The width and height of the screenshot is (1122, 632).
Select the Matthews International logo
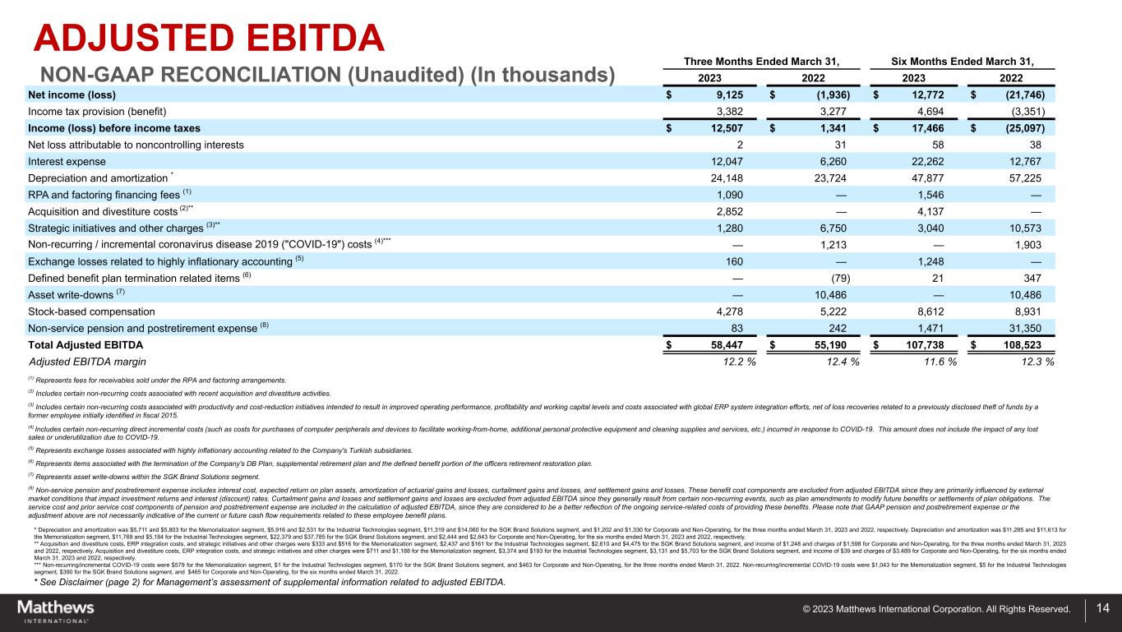[56, 611]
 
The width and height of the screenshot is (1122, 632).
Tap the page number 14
[1102, 609]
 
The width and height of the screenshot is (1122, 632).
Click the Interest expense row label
[69, 162]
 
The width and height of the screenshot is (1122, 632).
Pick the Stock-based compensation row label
[92, 311]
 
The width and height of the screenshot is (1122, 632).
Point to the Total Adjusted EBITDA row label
[85, 345]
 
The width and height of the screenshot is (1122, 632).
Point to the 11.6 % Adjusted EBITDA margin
[931, 362]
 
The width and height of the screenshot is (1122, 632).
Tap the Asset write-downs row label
[76, 295]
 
